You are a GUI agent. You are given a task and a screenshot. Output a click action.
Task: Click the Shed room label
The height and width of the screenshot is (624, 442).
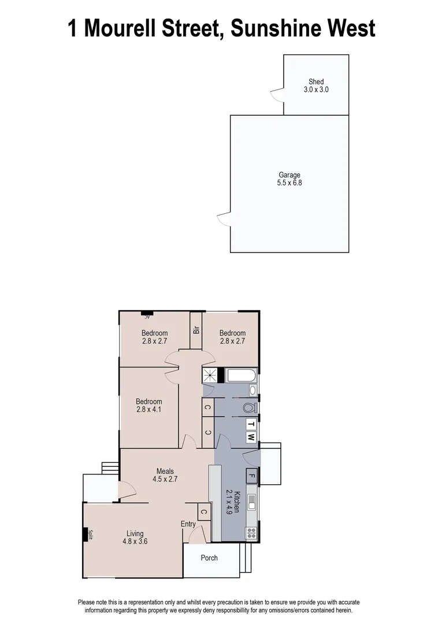[316, 82]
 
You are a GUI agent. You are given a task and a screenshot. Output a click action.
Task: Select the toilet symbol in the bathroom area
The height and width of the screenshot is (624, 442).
[249, 407]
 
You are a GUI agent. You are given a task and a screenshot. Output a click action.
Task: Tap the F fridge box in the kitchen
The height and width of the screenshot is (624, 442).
[251, 477]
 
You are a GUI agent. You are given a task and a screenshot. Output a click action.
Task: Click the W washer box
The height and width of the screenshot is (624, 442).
[251, 437]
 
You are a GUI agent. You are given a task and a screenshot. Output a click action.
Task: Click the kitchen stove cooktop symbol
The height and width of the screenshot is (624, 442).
[251, 533]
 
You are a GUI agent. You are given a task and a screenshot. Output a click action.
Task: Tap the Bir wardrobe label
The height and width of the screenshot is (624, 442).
[196, 330]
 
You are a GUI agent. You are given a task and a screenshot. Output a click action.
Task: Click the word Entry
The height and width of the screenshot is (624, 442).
[188, 524]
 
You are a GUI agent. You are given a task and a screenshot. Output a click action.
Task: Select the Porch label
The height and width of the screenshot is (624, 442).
[209, 558]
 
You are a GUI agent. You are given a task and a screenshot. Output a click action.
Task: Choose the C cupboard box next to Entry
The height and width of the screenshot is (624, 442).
[203, 511]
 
